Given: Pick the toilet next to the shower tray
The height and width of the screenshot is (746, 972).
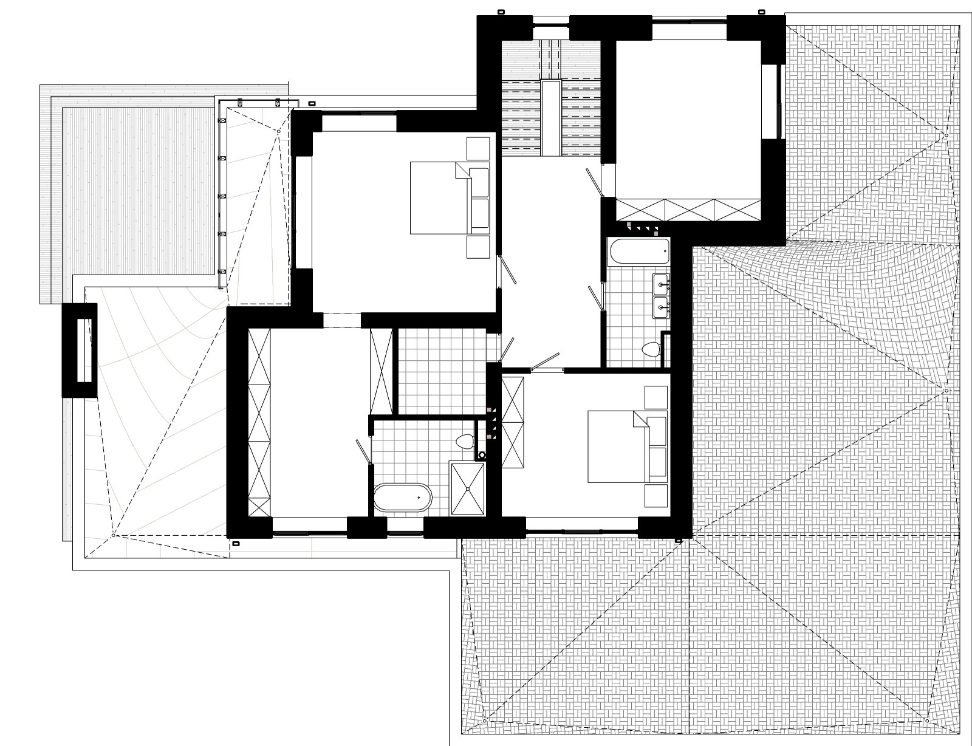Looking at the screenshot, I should [466, 441].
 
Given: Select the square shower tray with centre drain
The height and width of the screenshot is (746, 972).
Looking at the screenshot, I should [467, 488].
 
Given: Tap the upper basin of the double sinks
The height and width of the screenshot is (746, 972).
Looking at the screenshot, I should [660, 282].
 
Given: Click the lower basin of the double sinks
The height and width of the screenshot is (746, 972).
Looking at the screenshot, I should [660, 307].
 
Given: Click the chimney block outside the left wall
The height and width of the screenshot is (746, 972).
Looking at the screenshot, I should [80, 351].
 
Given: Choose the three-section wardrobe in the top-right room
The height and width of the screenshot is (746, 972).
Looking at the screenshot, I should [689, 210].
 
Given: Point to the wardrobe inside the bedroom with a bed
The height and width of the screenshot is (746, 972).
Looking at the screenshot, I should [513, 422].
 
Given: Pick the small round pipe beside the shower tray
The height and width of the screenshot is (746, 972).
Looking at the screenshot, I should [482, 454].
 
